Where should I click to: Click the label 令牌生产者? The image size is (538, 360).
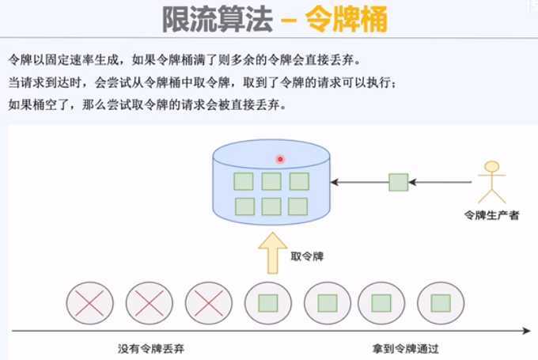(491, 214)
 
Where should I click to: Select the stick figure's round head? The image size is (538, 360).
(492, 167)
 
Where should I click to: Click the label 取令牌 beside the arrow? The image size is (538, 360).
(308, 256)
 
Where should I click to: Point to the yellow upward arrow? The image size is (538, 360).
(271, 252)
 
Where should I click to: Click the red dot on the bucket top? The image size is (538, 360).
(279, 159)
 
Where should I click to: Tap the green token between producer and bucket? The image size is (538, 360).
(398, 183)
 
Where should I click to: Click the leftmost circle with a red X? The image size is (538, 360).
(89, 304)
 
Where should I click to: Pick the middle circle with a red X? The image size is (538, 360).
(150, 304)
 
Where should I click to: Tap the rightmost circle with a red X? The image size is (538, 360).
(208, 304)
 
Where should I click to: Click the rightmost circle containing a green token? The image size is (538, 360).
(441, 304)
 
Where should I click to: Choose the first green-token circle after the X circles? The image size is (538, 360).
(269, 304)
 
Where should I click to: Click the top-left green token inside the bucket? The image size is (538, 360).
(244, 181)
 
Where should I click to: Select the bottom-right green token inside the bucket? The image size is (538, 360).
(297, 207)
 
